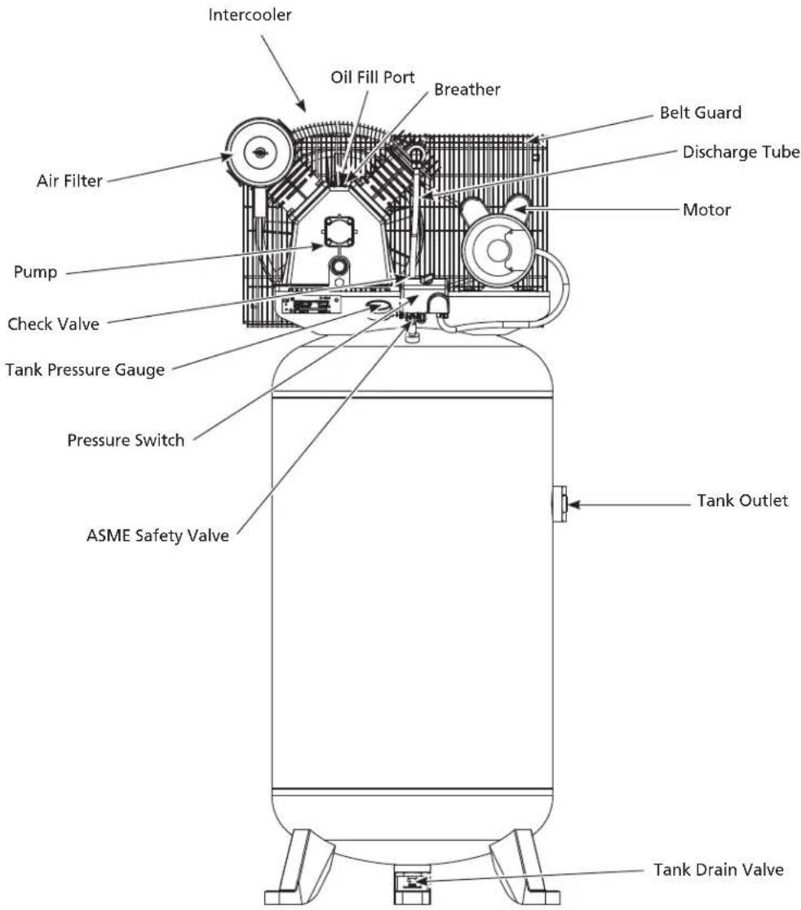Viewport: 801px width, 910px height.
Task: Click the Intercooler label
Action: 250,15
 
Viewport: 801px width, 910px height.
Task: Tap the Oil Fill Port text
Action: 373,78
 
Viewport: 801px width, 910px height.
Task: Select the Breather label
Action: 467,90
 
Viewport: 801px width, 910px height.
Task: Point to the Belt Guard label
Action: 701,113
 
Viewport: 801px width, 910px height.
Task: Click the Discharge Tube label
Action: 741,152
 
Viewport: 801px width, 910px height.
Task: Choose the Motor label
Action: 706,210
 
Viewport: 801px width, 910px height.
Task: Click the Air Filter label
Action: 69,180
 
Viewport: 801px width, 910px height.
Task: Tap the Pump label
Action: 35,273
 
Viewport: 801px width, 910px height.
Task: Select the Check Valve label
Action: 53,324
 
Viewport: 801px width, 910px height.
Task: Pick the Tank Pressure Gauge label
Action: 86,371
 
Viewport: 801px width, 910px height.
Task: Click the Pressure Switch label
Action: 126,440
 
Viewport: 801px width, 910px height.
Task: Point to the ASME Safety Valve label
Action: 157,535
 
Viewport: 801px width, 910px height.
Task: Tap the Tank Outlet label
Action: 742,500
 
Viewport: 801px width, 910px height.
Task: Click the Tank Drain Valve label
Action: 719,869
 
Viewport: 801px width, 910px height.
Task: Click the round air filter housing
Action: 258,152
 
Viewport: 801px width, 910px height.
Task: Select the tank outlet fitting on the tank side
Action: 559,504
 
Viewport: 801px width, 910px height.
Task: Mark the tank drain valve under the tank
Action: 412,884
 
